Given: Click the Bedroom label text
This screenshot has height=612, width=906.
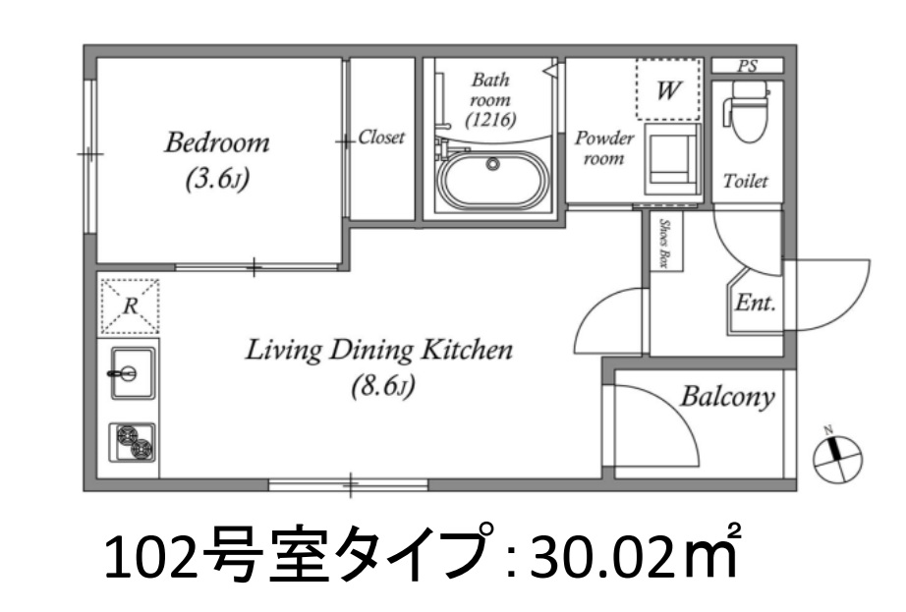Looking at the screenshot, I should pos(216,143).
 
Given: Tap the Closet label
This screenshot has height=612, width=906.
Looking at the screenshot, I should pos(381,138).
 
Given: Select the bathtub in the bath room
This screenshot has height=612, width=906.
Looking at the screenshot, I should pos(493,183).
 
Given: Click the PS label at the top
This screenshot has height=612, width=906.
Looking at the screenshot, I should pos(748,67).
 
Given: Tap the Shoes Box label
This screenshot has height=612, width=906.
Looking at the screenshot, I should pos(664,243).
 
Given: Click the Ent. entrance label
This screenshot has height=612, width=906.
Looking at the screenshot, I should pos(757,303).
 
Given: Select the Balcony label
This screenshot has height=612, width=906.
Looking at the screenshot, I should pos(727,397).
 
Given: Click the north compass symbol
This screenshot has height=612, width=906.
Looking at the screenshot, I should pos(837,453).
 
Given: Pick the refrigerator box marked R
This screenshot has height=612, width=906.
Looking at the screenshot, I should pos(129,306).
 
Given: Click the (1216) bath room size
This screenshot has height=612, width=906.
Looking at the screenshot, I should pos(491,118).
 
